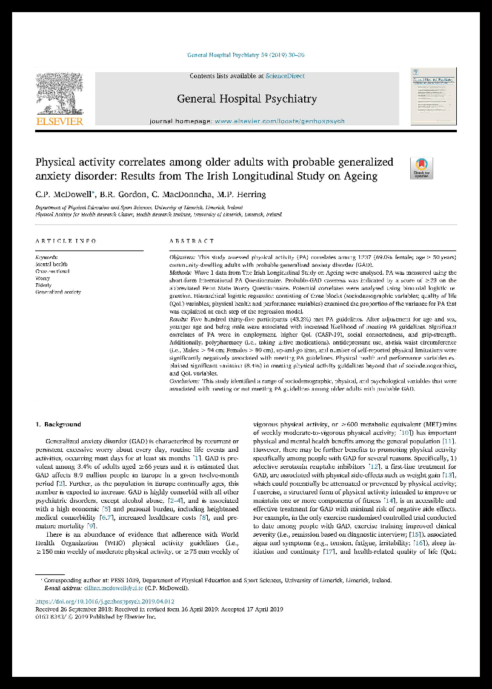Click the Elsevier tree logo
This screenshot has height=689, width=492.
click(59, 93)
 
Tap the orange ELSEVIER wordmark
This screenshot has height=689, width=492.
click(59, 121)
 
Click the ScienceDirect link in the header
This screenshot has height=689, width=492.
click(285, 76)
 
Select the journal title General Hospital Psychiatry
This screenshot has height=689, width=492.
click(247, 98)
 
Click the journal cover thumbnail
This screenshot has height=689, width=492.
click(433, 96)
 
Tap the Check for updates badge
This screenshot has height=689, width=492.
click(421, 168)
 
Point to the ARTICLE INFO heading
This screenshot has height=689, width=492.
click(66, 241)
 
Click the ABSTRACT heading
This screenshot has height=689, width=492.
click(192, 241)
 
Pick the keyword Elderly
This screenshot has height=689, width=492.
click(44, 285)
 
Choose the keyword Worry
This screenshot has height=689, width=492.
click(43, 278)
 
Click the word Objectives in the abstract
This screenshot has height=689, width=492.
click(182, 258)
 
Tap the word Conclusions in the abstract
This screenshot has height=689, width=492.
click(185, 381)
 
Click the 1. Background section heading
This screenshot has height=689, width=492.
click(59, 424)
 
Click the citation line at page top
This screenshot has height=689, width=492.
click(246, 55)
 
